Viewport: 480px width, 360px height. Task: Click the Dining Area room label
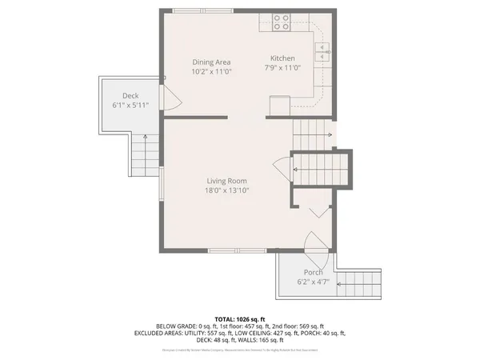click(211, 61)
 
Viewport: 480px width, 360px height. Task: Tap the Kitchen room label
click(282, 58)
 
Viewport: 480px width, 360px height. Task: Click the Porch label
click(313, 272)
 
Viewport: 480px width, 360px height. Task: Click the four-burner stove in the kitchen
click(282, 22)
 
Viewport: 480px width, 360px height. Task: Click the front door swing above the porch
click(316, 243)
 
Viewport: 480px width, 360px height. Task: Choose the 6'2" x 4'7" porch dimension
click(313, 282)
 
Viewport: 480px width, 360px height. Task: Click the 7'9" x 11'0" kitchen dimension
click(282, 70)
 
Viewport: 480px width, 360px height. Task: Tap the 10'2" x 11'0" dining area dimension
click(211, 71)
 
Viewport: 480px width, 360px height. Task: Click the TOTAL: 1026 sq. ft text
click(240, 318)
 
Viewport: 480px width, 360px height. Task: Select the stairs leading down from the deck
click(145, 155)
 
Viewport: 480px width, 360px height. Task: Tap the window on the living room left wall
click(162, 186)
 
